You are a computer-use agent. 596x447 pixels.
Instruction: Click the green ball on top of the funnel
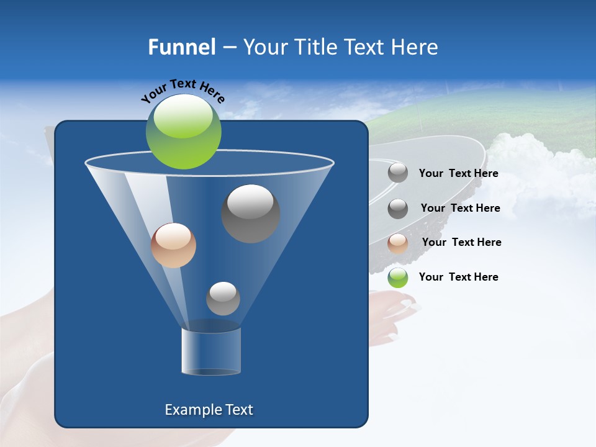tap(183, 132)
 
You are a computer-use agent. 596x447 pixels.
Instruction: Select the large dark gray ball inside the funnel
tap(250, 214)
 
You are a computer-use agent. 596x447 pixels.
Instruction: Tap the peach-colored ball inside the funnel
tap(173, 245)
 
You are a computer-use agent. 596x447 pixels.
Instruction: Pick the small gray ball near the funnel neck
tap(223, 299)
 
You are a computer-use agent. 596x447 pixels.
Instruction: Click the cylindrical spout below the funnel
tap(211, 351)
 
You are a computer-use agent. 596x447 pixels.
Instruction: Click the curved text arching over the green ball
tap(183, 89)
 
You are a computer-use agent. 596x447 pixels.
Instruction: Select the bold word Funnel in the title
tap(181, 47)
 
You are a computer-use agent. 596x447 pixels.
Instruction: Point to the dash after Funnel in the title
tap(228, 47)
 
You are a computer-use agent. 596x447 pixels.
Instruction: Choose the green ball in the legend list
tap(398, 278)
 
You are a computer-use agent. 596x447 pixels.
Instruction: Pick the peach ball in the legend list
tap(398, 243)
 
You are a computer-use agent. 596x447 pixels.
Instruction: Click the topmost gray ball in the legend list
tap(398, 173)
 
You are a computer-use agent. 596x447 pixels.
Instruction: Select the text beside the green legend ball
tap(458, 277)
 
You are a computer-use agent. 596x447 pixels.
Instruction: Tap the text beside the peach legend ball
tap(461, 242)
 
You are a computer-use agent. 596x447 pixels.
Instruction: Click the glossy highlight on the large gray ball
tap(250, 200)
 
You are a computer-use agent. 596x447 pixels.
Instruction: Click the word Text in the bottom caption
tap(237, 410)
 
